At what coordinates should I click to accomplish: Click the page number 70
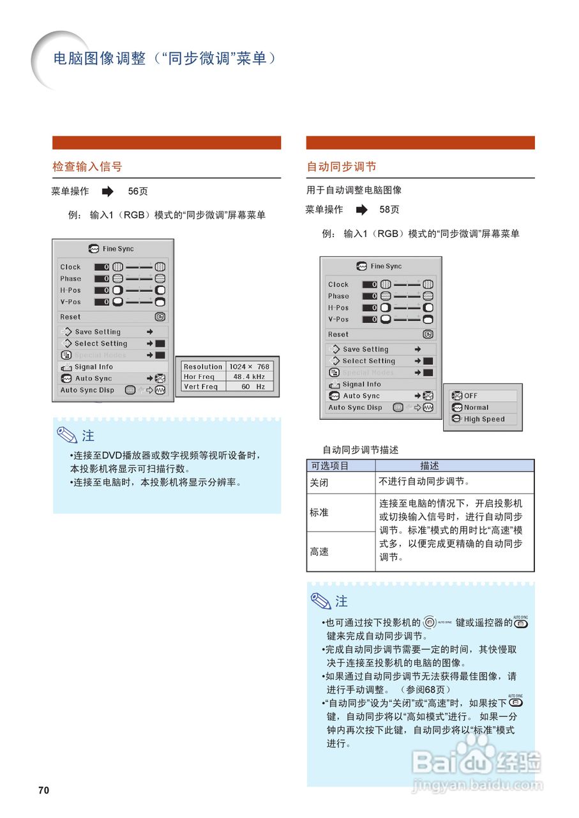43,790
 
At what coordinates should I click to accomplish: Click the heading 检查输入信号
87,167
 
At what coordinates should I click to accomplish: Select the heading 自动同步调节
342,167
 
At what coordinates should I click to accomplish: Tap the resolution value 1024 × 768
249,367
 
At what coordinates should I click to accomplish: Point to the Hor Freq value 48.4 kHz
249,377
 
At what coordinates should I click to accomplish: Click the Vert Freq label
199,387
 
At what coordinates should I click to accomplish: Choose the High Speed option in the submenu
484,419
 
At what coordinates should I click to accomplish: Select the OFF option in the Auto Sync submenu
471,396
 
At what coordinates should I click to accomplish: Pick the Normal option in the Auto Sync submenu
476,408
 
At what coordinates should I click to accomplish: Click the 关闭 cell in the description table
320,482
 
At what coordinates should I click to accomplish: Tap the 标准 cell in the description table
320,513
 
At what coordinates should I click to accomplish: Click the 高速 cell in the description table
320,552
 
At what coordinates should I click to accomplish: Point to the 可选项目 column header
330,466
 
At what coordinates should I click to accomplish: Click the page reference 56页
138,191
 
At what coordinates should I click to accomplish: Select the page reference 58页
389,210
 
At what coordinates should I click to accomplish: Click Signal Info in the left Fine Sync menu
93,367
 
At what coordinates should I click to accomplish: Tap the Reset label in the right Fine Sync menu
338,334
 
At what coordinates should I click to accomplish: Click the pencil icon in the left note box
66,435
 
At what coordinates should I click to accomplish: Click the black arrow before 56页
107,191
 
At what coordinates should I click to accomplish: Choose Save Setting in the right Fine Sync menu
365,350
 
